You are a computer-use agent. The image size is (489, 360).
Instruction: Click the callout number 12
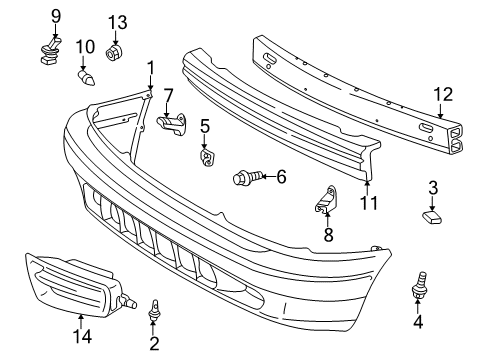[x=443, y=94]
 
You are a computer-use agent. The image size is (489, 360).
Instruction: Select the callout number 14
[x=82, y=336]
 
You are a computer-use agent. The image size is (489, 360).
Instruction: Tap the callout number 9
[x=56, y=16]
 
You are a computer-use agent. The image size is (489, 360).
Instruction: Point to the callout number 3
[x=433, y=188]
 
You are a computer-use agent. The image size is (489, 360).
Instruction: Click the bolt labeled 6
[x=247, y=177]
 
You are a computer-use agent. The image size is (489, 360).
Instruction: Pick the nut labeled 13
[x=114, y=53]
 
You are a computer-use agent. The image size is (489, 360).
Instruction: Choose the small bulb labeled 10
[x=86, y=77]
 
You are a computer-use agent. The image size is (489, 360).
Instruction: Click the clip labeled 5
[x=207, y=158]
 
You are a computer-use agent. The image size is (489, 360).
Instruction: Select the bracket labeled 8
[x=326, y=199]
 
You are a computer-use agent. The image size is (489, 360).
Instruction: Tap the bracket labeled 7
[x=172, y=125]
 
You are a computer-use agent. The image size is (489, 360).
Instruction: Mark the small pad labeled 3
[x=432, y=217]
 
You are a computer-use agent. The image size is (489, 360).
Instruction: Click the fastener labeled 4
[x=419, y=285]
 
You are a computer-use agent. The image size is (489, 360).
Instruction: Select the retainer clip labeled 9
[x=49, y=51]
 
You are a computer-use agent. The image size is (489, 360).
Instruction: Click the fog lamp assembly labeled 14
[x=77, y=284]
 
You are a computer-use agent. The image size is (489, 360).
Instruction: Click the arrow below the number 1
[x=151, y=82]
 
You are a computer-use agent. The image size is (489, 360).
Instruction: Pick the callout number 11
[x=369, y=203]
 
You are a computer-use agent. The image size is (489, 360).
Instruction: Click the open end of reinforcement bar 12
[x=456, y=139]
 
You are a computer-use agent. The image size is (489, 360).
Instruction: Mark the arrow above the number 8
[x=327, y=219]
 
